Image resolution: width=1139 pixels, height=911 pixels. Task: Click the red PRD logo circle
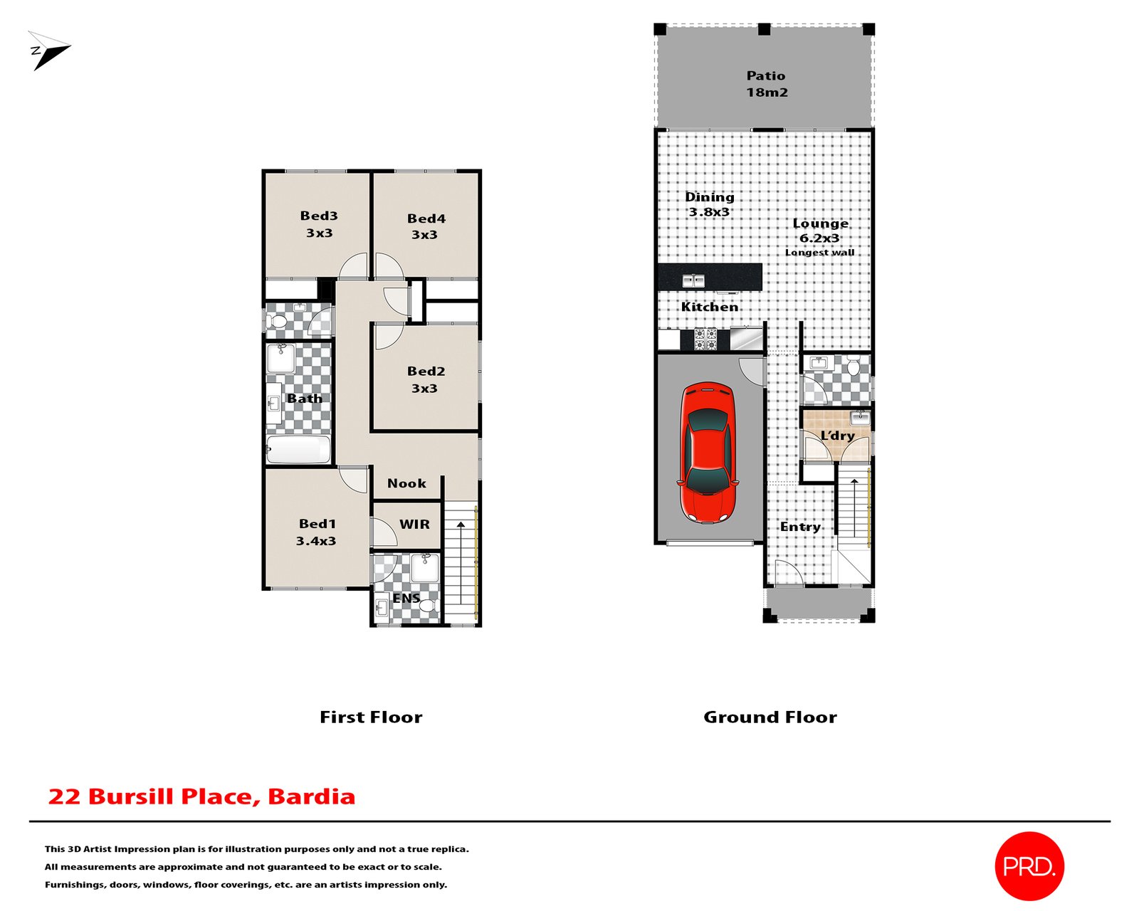[x=1029, y=865]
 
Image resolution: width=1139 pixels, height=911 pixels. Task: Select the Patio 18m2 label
[x=766, y=84]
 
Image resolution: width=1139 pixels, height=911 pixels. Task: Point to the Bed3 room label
[x=318, y=223]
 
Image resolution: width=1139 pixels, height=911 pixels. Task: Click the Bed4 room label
[x=426, y=226]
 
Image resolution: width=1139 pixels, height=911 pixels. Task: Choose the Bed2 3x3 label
[x=426, y=379]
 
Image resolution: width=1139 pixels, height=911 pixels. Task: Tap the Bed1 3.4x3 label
[x=317, y=532]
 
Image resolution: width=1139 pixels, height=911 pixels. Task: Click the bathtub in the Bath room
[x=298, y=450]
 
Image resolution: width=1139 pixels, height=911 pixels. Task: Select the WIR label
[x=414, y=525]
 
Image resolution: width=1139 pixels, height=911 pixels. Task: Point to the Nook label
[x=406, y=483]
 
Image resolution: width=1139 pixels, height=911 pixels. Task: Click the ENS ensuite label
[x=406, y=599]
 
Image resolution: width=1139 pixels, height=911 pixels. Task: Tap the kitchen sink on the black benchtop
[x=693, y=280]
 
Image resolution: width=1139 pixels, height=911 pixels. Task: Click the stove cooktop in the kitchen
[x=705, y=339]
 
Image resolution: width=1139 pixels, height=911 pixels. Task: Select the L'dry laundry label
[x=837, y=436]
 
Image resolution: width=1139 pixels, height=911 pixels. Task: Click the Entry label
[x=800, y=527]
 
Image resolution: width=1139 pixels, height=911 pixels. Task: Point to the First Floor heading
[x=371, y=717]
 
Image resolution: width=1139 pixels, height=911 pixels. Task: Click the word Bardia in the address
[x=311, y=796]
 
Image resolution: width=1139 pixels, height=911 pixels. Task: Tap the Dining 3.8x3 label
[x=709, y=204]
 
